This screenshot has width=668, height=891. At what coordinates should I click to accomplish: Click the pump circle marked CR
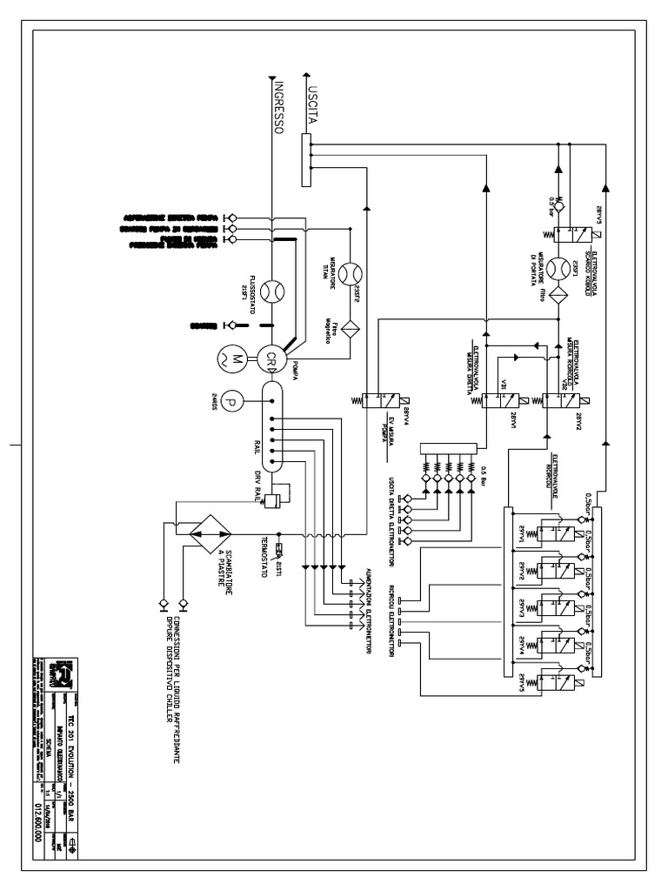[271, 358]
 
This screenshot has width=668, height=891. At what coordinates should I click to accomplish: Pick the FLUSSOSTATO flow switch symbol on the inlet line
[271, 289]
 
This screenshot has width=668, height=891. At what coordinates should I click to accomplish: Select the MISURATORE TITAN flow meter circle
[351, 273]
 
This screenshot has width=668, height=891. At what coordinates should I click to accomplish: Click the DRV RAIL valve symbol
[272, 501]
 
